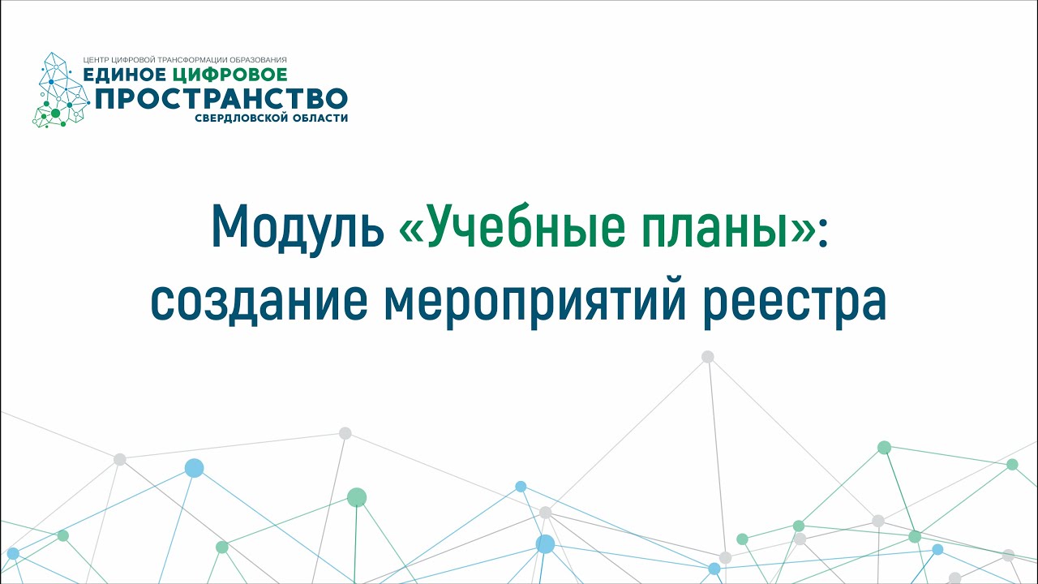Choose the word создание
point(259,301)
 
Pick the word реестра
point(795,303)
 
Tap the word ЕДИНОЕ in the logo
point(125,74)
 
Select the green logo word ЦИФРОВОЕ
point(229,74)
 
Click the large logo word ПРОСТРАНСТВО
point(221,98)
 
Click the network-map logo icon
point(61,90)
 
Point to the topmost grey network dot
point(708,356)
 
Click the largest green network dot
point(357,497)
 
